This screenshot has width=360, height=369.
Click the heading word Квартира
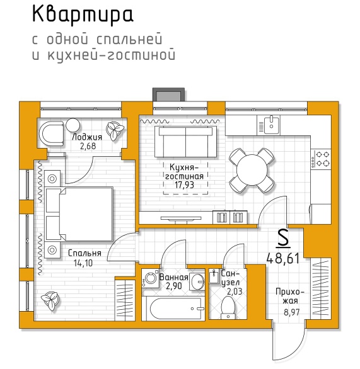tap(83, 15)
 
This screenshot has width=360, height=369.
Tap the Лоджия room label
tap(87, 137)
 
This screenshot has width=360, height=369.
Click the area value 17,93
tap(185, 185)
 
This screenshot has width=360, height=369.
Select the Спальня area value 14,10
tap(83, 263)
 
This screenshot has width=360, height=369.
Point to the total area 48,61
tap(282, 258)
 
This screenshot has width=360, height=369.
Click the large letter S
tap(283, 238)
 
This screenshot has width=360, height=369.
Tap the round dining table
tap(252, 170)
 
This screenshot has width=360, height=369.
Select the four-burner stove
tap(320, 159)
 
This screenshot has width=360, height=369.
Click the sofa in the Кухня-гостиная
tap(185, 142)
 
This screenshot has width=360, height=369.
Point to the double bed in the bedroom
tap(79, 214)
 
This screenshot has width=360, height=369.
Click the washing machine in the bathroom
tap(149, 278)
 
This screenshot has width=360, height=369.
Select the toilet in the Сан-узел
tap(228, 307)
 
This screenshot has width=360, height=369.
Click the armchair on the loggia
tap(52, 133)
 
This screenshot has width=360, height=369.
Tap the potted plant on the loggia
tap(115, 131)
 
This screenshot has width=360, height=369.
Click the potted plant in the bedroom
tap(50, 300)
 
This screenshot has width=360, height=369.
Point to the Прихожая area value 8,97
tap(292, 312)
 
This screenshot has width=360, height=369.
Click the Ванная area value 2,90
tap(174, 286)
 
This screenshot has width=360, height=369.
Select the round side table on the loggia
tap(73, 125)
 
